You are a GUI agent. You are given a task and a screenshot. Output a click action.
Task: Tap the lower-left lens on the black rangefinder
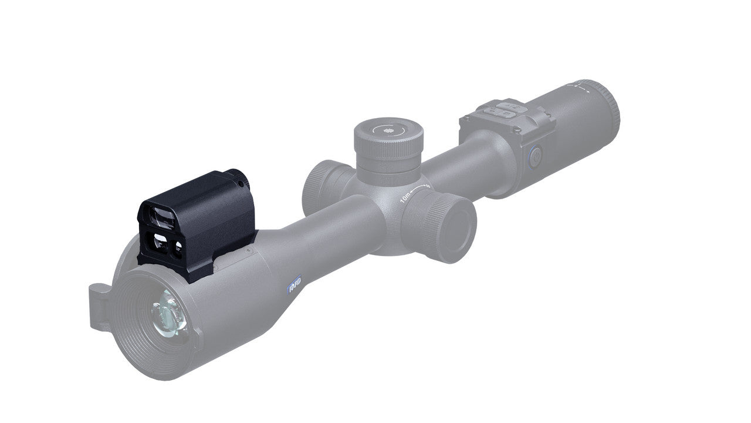[x=158, y=241]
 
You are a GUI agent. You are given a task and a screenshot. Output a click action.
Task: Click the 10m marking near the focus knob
[x=405, y=197]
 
